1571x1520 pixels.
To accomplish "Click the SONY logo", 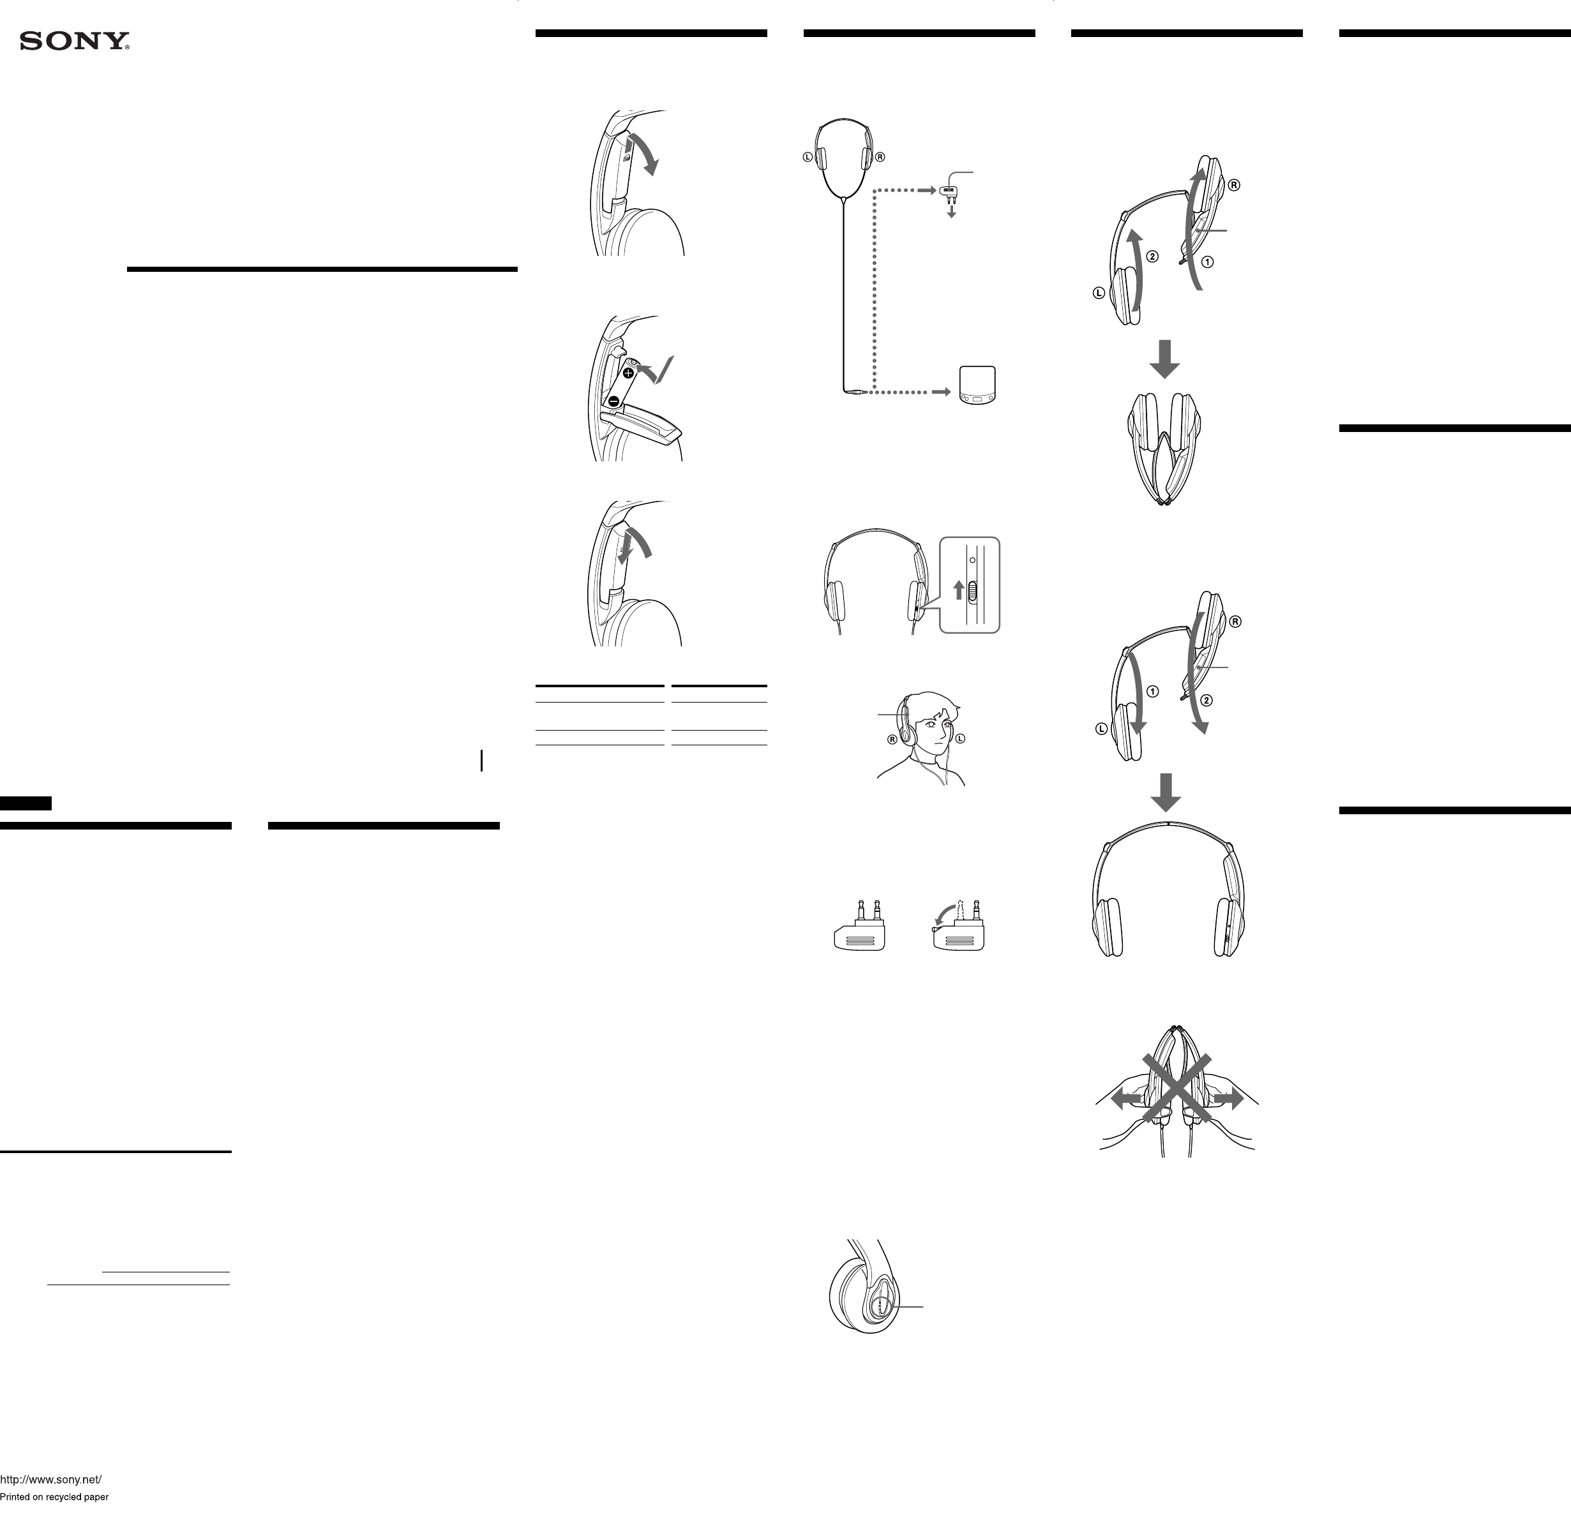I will coord(75,41).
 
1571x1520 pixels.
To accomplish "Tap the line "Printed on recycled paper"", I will coord(54,1497).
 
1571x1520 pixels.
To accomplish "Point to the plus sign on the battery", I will coord(628,373).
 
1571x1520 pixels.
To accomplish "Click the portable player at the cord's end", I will coord(978,386).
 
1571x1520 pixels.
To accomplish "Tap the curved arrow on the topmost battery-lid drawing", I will coord(645,154).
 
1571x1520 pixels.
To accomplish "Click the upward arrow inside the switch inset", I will coord(958,590).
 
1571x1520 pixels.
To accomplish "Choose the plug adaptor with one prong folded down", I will coord(959,928).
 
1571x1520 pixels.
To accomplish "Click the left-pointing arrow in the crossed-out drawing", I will coord(1125,1099).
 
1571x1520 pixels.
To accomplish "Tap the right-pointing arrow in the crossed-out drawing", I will coord(1229,1099).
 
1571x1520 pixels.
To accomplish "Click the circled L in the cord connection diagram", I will coord(808,157).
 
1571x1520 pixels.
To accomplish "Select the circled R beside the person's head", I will coord(892,740).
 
